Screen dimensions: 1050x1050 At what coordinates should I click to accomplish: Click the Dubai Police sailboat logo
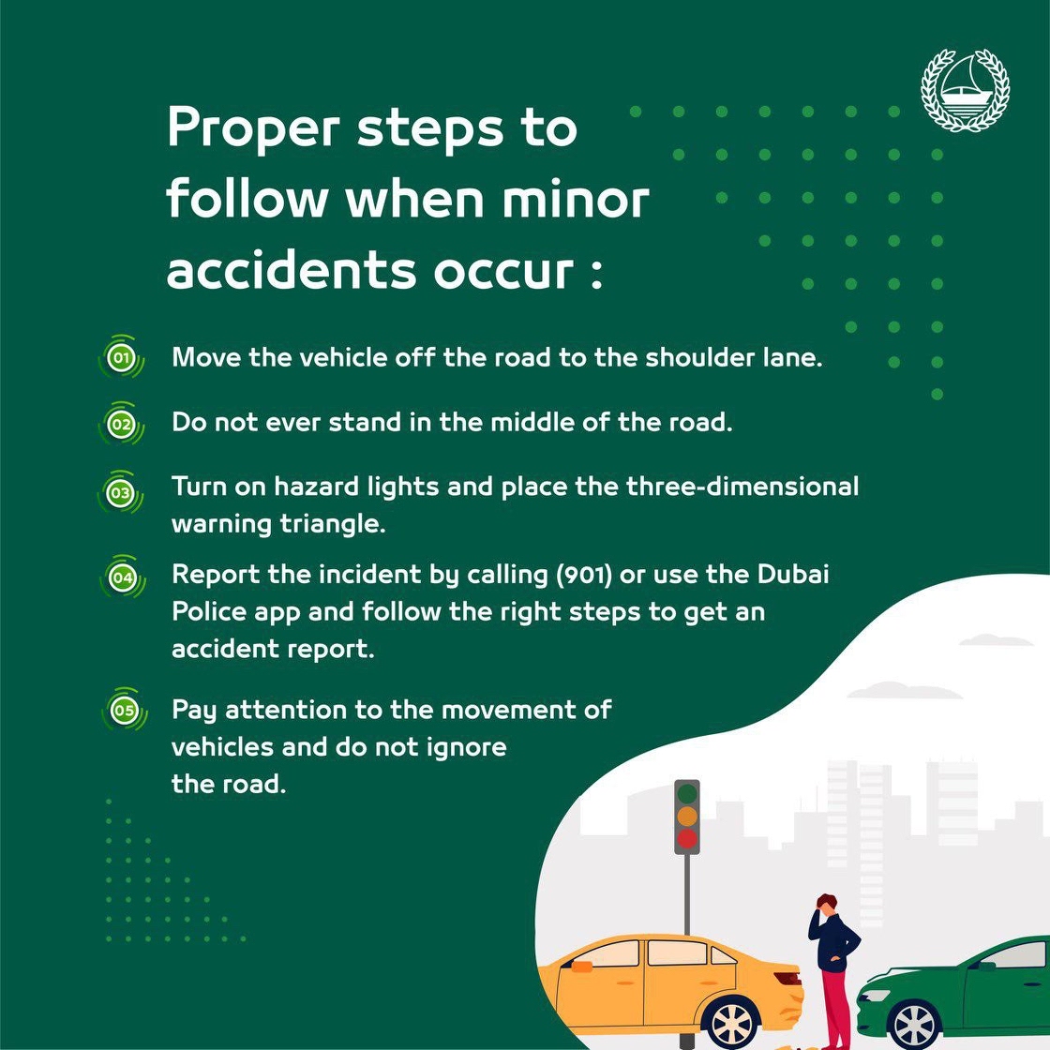965,90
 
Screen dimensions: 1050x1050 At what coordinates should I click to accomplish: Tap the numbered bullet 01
121,357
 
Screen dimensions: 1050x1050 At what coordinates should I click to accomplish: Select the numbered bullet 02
121,424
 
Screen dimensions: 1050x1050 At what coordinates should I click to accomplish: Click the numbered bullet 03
121,493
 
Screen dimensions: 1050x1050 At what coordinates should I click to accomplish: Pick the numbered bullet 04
123,577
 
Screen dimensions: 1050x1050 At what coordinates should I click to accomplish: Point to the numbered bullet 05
124,710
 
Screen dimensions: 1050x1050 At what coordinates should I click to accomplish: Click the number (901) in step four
584,575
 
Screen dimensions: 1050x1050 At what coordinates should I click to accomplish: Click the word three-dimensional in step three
742,487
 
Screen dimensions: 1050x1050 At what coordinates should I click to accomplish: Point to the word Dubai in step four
793,574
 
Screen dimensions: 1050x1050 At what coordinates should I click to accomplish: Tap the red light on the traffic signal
687,838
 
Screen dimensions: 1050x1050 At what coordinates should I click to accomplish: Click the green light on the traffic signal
687,794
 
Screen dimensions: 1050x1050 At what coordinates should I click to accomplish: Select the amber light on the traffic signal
687,817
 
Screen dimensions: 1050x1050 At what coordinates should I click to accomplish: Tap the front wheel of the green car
914,1026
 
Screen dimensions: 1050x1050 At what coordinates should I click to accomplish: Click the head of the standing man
826,904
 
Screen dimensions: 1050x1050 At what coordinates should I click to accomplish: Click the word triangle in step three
332,524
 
